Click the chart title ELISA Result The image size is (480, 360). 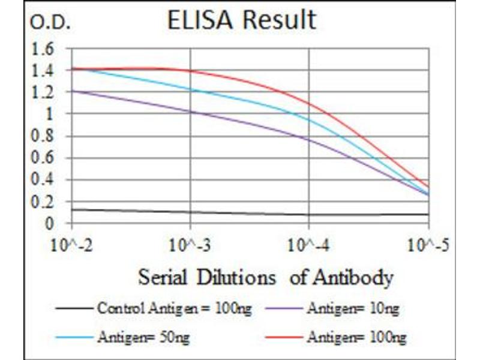[x=241, y=20]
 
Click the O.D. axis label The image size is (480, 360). [x=50, y=23]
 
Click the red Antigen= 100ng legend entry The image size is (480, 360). [x=356, y=338]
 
